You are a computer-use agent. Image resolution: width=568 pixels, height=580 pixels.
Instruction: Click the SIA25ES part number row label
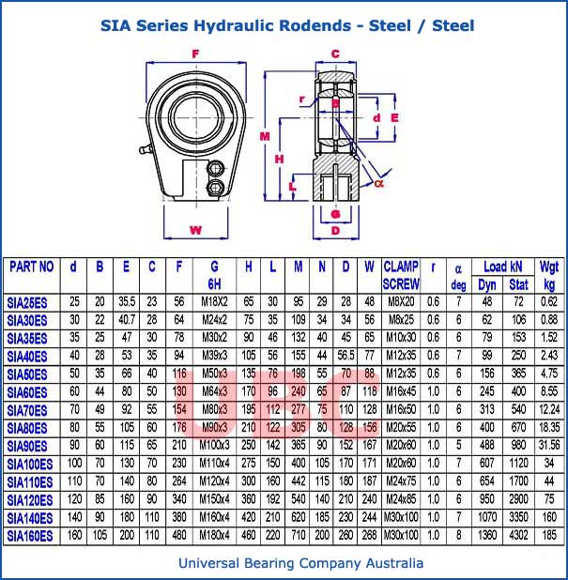[31, 301]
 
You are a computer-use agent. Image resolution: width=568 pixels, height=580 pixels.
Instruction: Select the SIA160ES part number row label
[31, 535]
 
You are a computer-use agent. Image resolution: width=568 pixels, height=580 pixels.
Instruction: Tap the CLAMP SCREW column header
[401, 275]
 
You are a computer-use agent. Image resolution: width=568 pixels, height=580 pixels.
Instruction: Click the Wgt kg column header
[549, 275]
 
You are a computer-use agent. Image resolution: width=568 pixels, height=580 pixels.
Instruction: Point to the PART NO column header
[31, 267]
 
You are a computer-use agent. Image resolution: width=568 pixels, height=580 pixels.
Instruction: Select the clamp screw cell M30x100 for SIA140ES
[401, 517]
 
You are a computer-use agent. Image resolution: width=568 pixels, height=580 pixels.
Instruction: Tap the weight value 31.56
[549, 446]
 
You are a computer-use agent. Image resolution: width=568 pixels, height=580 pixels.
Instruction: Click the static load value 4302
[518, 535]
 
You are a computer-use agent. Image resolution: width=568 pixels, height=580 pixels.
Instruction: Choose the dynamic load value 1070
[486, 517]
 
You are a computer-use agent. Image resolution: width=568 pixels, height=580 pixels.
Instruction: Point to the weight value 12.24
[549, 409]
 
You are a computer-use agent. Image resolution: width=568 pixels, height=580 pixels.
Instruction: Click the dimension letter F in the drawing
[195, 53]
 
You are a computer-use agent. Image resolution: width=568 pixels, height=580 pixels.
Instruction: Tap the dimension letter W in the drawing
[195, 230]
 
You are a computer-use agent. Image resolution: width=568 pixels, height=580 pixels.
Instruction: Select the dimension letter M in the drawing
[264, 137]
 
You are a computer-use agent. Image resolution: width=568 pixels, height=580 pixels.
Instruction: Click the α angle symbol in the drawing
[380, 184]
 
